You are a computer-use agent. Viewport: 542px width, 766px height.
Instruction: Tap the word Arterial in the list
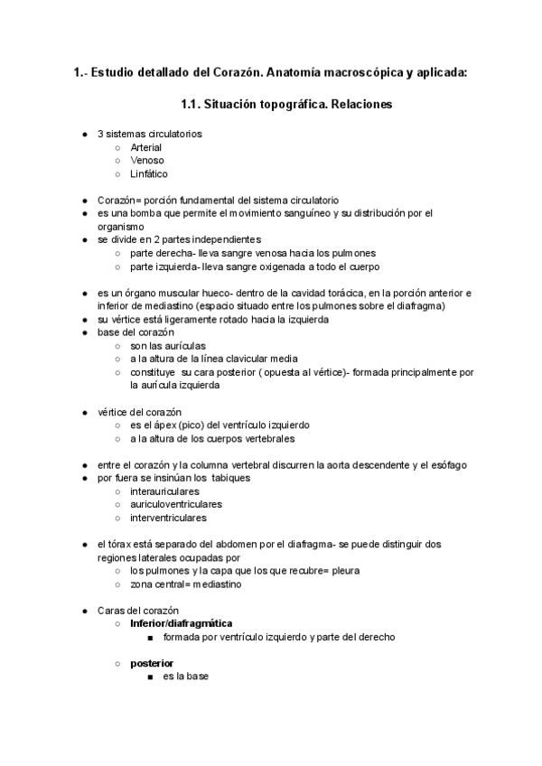(147, 147)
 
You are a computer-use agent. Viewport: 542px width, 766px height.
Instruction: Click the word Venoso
(146, 161)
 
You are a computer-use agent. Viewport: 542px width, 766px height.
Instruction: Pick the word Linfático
(149, 174)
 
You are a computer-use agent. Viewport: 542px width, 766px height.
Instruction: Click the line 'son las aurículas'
(168, 345)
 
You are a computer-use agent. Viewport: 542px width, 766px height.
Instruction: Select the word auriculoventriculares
(176, 504)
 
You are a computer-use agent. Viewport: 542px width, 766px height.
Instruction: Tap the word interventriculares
(168, 518)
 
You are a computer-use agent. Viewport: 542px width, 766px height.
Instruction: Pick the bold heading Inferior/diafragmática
(181, 623)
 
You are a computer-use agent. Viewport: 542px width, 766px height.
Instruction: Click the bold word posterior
(152, 663)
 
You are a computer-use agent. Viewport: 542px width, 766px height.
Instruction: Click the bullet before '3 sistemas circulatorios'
(84, 134)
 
